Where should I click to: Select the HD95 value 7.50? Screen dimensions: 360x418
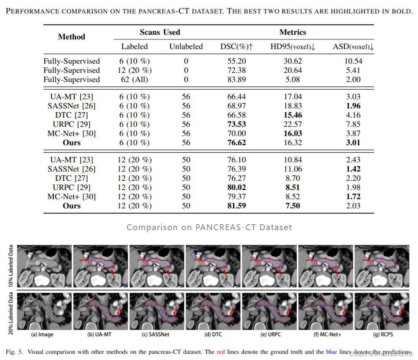click(292, 206)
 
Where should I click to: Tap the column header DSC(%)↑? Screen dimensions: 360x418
click(236, 47)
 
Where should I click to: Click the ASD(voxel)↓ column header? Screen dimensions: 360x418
click(353, 47)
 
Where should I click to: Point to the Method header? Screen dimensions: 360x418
click(72, 37)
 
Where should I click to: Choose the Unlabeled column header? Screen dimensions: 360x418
click(186, 47)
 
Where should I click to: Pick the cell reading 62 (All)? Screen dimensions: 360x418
click(134, 79)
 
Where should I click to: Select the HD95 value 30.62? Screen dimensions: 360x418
click(292, 61)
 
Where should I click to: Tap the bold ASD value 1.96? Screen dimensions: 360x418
click(353, 106)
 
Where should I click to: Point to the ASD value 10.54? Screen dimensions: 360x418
click(353, 61)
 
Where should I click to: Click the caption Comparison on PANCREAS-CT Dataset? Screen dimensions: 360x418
click(209, 227)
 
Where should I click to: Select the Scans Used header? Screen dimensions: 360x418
click(160, 32)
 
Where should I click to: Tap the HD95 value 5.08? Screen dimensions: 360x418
click(292, 79)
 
